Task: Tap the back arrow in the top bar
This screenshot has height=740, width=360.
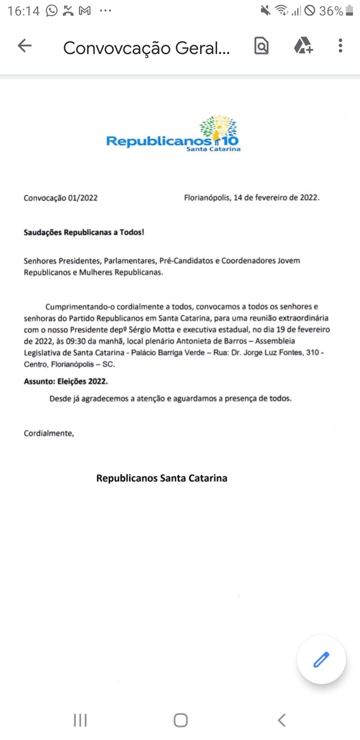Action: tap(24, 46)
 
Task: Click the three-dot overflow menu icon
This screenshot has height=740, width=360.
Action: tap(340, 46)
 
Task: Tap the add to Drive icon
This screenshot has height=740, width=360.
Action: tap(303, 46)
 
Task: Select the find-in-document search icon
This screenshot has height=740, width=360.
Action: tap(261, 46)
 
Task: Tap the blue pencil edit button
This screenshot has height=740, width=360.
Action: tap(321, 659)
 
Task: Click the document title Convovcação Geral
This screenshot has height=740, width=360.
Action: tap(146, 48)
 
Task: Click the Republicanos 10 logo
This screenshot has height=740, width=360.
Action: tap(173, 134)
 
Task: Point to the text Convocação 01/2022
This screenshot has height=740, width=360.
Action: tap(60, 197)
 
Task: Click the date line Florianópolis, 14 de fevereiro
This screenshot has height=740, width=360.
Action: tap(251, 197)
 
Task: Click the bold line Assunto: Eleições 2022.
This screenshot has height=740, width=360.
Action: tap(65, 381)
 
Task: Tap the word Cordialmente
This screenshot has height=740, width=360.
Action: tap(48, 433)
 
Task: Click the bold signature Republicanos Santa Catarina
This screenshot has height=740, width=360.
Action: tap(161, 478)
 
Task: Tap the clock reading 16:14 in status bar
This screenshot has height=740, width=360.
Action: tap(23, 11)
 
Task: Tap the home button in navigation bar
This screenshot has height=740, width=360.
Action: tap(180, 720)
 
